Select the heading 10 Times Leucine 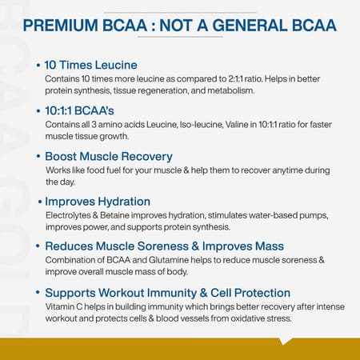tap(91, 65)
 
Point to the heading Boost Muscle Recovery tap(109, 156)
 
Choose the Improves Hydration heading tap(98, 201)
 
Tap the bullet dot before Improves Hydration tap(38, 201)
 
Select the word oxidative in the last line tap(238, 319)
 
